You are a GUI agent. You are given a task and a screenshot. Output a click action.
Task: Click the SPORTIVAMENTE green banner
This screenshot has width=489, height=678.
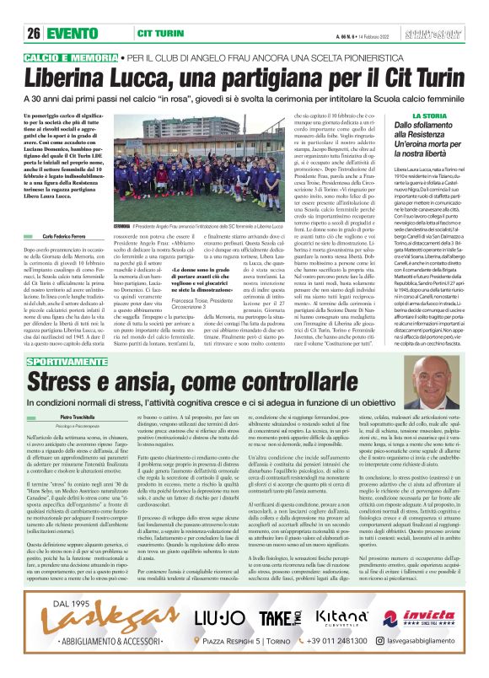(x=68, y=337)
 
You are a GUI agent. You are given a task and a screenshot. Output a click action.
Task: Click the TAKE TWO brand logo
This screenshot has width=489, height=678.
(x=278, y=619)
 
